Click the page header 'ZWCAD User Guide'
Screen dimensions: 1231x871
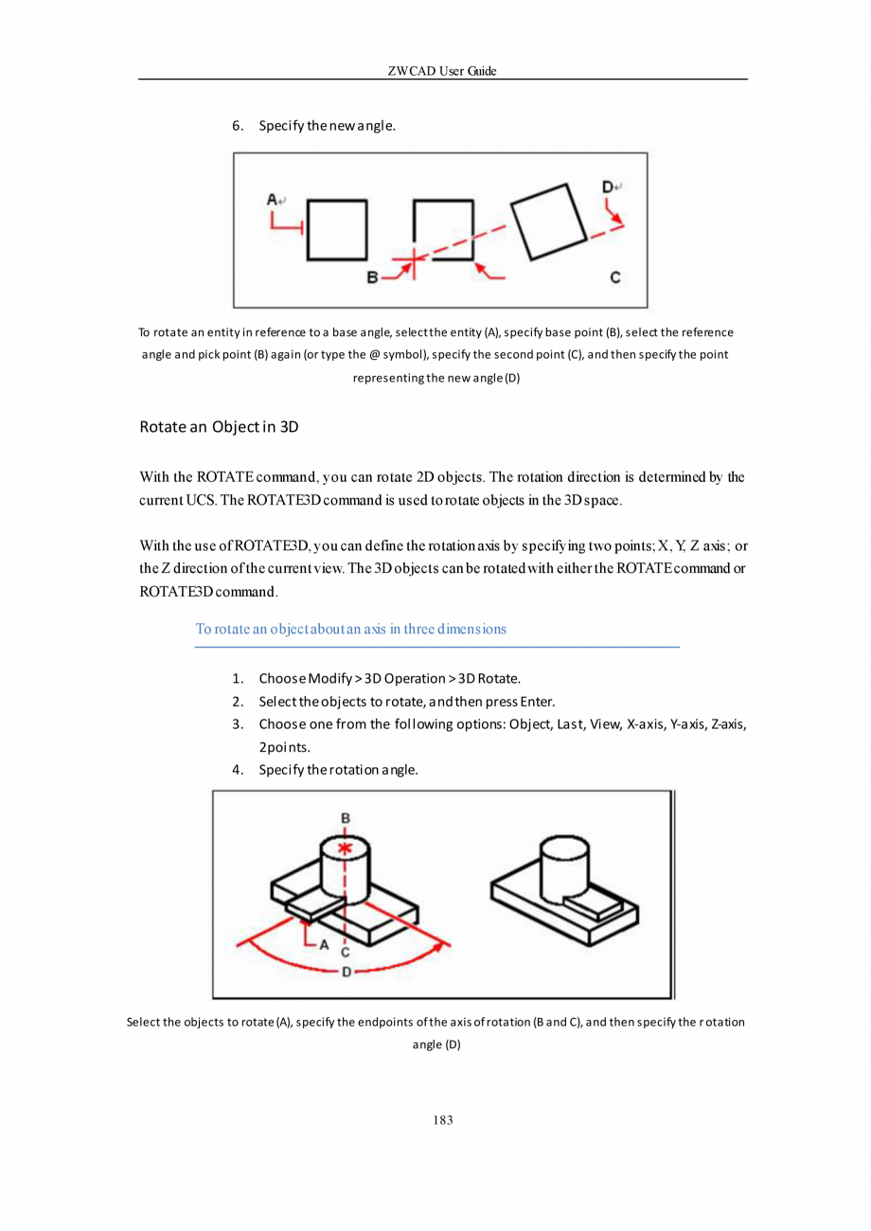pos(442,72)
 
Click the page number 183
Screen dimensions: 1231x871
pos(442,1120)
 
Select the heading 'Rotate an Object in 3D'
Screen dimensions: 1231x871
pos(219,426)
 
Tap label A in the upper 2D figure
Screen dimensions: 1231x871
pos(273,200)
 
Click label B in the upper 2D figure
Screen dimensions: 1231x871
pos(372,277)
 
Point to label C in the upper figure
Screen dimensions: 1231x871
pos(615,277)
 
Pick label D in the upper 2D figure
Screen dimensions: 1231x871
pos(607,187)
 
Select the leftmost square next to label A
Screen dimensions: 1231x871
pos(337,229)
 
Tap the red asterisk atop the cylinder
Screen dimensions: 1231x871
pos(346,847)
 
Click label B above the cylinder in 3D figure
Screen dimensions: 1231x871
pos(346,817)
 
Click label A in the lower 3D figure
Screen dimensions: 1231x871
pos(324,944)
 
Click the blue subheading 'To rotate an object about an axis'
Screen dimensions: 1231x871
pos(350,629)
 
